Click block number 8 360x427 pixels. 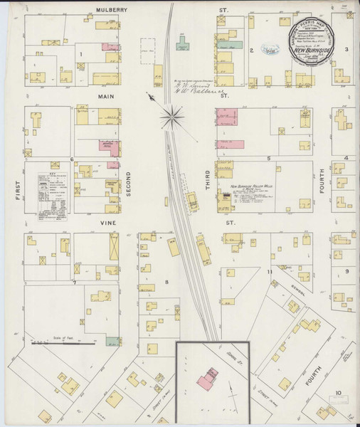pos(167,283)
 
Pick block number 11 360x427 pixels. pos(270,272)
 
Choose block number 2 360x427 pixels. pos(251,50)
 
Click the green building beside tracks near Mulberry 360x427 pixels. pos(183,47)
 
